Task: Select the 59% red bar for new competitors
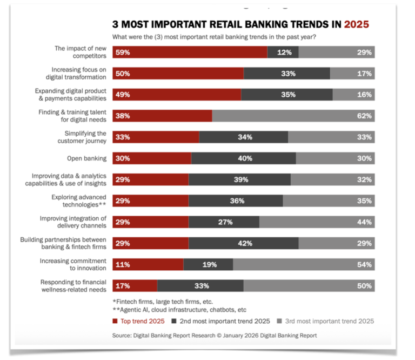(190, 52)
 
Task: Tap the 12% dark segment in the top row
(283, 52)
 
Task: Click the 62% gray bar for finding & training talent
(293, 116)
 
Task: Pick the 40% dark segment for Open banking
(244, 158)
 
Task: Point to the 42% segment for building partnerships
(244, 243)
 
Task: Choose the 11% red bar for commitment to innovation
(148, 264)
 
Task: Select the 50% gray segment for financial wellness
(309, 285)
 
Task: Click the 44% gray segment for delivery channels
(317, 222)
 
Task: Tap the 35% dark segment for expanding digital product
(287, 95)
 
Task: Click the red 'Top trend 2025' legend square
(115, 321)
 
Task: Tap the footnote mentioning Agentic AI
(179, 310)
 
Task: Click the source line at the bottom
(215, 336)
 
